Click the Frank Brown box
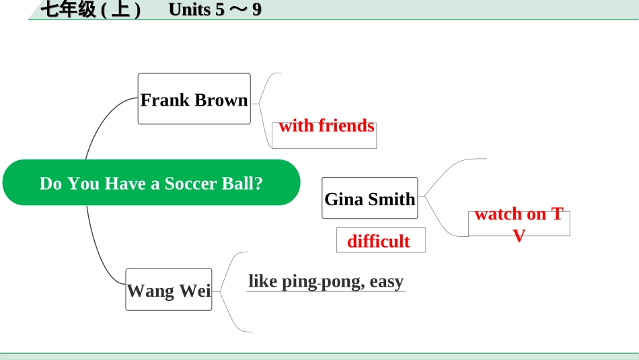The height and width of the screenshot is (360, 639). click(194, 99)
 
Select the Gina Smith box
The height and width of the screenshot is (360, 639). click(370, 198)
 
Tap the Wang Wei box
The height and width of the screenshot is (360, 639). click(169, 289)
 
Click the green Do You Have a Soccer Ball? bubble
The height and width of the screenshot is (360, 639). click(151, 182)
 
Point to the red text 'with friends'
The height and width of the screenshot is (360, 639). click(326, 126)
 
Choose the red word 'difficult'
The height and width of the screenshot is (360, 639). click(379, 241)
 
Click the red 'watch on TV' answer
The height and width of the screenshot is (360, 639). click(519, 224)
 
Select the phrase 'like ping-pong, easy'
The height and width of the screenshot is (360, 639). click(326, 281)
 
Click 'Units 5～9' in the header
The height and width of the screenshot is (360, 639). click(215, 9)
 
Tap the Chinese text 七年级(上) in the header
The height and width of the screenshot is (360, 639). click(91, 9)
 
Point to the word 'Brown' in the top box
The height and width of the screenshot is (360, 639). click(221, 100)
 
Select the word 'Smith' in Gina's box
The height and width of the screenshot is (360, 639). click(391, 199)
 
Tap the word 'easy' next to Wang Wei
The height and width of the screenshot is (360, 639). click(387, 281)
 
